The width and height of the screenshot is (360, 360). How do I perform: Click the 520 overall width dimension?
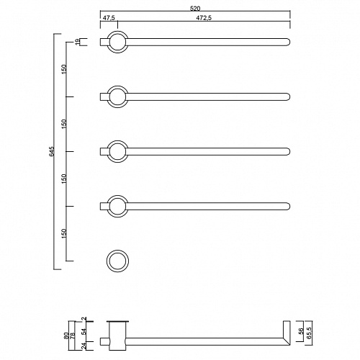pos(195,9)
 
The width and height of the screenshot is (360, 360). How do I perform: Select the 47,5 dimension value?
pos(109,18)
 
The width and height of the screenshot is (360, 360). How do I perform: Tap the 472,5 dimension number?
pos(204,18)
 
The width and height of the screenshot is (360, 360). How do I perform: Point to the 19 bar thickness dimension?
pos(77,42)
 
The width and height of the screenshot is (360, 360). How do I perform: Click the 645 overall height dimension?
pos(52,151)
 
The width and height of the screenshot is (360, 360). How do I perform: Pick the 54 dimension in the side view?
pos(84,332)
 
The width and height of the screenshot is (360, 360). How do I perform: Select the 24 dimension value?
pos(84,346)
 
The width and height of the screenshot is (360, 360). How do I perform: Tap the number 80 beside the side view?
pos(66,335)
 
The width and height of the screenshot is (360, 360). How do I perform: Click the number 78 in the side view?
pos(72,335)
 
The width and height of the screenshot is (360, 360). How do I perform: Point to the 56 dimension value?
pos(302,331)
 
